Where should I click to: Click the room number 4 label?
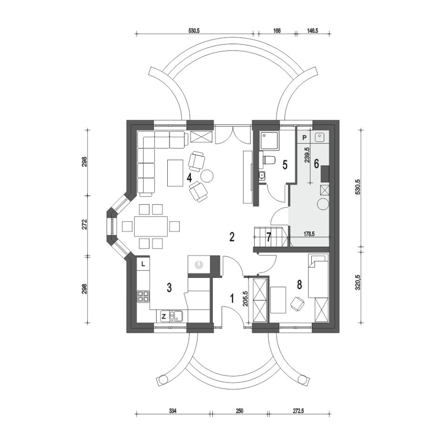[x=189, y=177]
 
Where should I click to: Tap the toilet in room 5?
[x=268, y=160]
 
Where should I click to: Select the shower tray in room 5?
[x=269, y=140]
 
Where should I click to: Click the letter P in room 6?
[x=305, y=138]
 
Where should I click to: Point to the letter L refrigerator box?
[x=144, y=264]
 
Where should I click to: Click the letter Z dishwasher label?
[x=164, y=316]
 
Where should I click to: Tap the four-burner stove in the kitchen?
[x=143, y=296]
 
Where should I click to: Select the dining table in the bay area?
[x=151, y=226]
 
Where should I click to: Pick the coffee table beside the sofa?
[x=175, y=173]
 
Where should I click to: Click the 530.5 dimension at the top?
[x=194, y=31]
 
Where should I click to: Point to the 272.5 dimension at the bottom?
[x=299, y=411]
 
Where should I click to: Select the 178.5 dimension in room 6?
[x=309, y=234]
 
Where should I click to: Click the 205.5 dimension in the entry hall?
[x=246, y=299]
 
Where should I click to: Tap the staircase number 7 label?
[x=269, y=237]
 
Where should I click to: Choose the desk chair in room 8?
[x=297, y=303]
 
